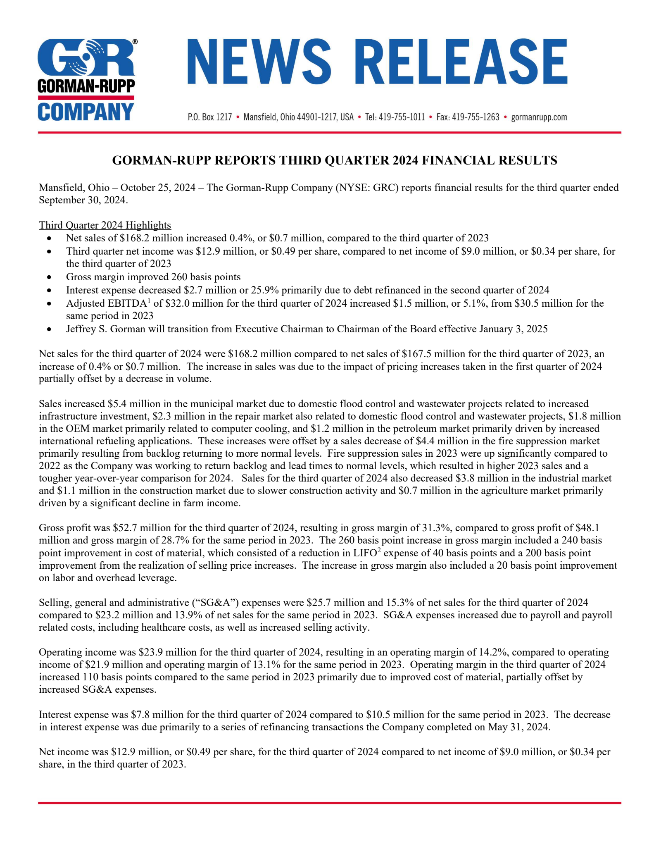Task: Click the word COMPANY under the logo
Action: point(86,112)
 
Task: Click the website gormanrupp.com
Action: point(539,117)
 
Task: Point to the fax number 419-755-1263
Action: point(476,117)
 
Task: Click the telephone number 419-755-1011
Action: point(402,117)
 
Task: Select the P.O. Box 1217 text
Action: point(209,117)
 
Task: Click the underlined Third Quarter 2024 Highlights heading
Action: point(105,225)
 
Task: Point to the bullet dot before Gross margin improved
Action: point(49,277)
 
